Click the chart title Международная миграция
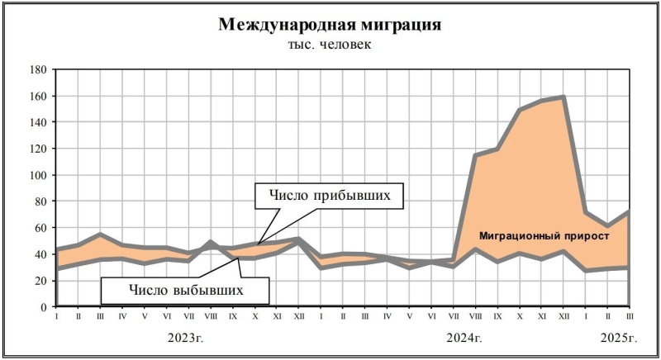329,25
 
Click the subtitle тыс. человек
329,44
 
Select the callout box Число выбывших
186,289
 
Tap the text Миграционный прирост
544,236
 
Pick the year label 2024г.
464,338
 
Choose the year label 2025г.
617,338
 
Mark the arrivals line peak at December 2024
564,97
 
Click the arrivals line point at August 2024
475,155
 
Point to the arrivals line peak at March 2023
100,234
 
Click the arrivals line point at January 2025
586,213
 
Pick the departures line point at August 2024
475,249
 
